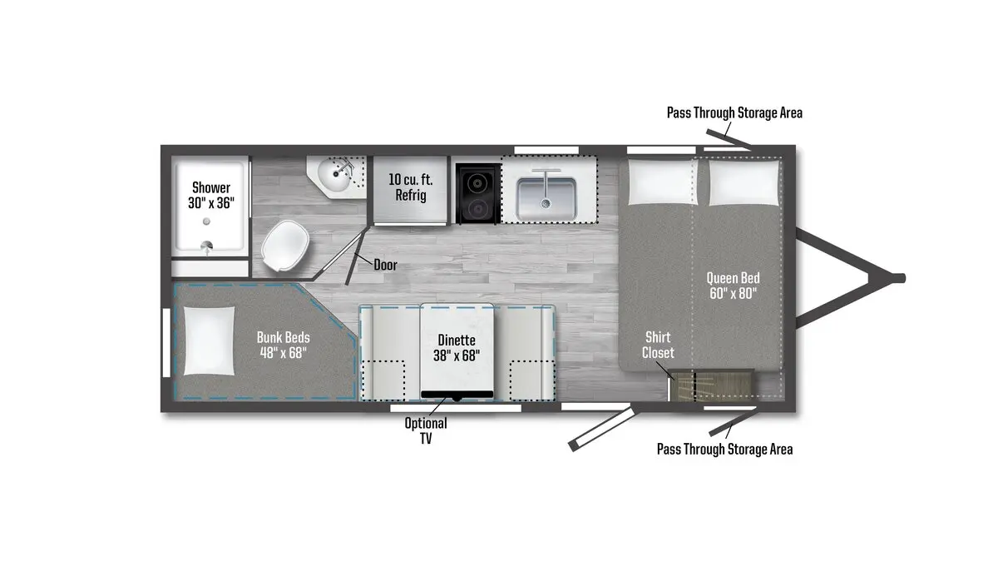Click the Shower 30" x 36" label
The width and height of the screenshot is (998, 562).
(x=211, y=195)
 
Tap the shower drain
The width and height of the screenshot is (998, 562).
(x=206, y=221)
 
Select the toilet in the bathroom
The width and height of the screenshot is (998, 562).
(x=285, y=246)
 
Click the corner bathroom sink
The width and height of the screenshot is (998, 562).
(x=334, y=177)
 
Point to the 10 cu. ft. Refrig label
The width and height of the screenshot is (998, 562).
(x=410, y=187)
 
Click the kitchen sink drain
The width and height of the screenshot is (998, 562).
(x=546, y=203)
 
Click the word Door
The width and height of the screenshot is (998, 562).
(x=385, y=265)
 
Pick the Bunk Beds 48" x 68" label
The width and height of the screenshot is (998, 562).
(x=284, y=345)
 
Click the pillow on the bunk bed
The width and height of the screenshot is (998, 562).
(x=209, y=341)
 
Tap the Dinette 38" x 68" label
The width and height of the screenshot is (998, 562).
(x=457, y=348)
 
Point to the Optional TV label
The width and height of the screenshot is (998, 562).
(x=426, y=430)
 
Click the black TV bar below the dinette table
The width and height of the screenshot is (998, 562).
(x=457, y=395)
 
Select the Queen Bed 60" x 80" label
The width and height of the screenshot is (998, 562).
(x=733, y=286)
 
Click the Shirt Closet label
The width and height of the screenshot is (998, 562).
(x=658, y=345)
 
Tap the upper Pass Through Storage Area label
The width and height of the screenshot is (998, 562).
(x=734, y=113)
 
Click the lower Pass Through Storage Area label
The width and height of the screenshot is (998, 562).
(x=725, y=449)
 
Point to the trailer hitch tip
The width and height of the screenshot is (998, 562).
(x=902, y=278)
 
